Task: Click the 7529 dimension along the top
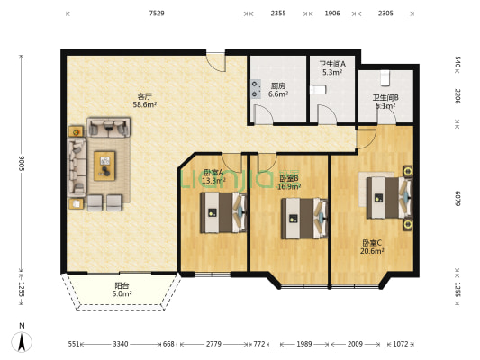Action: (157, 13)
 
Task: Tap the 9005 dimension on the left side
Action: (21, 164)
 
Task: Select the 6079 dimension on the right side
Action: (457, 198)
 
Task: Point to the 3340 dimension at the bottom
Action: (121, 344)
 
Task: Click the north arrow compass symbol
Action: (22, 338)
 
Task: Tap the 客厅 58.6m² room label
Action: (144, 101)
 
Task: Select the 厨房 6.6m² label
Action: (278, 90)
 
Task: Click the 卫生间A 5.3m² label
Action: (332, 68)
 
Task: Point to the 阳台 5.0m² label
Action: (122, 290)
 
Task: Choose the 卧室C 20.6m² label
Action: (372, 247)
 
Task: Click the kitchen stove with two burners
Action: (256, 89)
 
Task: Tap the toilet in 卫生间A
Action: (318, 90)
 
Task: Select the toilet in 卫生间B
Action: (385, 78)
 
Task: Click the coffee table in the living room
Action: (104, 166)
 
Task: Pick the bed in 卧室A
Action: (223, 212)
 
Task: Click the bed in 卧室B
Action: (304, 219)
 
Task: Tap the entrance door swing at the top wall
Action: (216, 62)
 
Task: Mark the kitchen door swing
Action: (263, 114)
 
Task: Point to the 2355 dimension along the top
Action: (278, 13)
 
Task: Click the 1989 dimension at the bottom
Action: (304, 344)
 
